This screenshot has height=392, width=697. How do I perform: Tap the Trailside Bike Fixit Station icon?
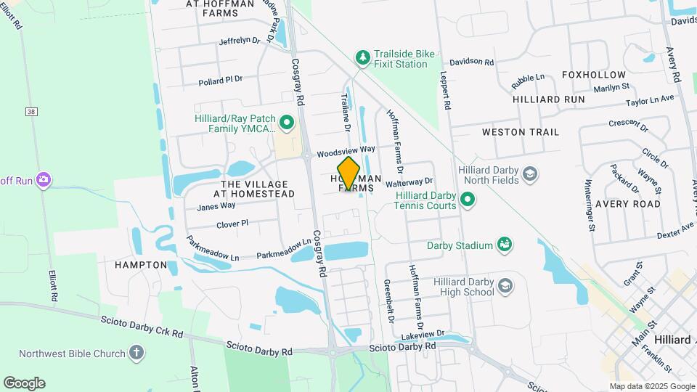tap(362, 57)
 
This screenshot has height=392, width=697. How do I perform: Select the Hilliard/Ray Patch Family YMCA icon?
tap(286, 122)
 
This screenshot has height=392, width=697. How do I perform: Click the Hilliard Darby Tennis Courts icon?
tap(468, 198)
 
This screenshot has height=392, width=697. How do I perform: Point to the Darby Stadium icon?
tap(502, 245)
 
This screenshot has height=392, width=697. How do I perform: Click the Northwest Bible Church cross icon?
tap(136, 354)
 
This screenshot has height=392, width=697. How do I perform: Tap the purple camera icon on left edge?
tap(44, 179)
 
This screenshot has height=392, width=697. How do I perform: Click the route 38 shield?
tap(30, 112)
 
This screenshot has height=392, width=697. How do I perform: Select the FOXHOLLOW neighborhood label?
tap(593, 75)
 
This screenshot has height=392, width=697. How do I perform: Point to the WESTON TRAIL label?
tap(521, 132)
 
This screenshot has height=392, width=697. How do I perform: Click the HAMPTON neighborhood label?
tap(141, 265)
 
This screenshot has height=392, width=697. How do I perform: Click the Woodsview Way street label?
tap(346, 152)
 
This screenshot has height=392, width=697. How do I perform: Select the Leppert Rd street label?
tap(446, 91)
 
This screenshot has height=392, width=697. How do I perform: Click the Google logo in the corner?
tap(24, 383)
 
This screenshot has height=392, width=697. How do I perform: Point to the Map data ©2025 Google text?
tap(652, 386)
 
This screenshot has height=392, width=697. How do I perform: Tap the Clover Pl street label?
tap(233, 224)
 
